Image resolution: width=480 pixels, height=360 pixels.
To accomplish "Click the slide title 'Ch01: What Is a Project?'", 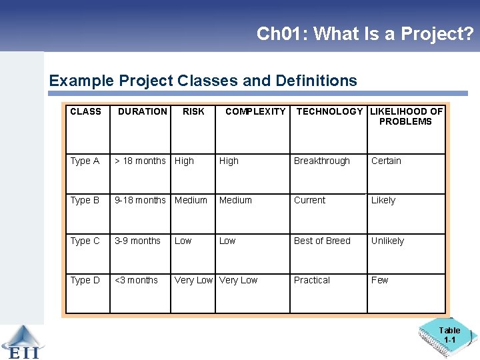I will point(365,34).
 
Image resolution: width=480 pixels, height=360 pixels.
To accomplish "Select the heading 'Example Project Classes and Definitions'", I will point(203,81).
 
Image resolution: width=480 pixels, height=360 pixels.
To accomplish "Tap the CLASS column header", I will point(86,112).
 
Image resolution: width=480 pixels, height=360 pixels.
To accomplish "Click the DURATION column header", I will point(142,112).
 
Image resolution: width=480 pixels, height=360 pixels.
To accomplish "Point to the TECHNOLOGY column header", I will point(329,112).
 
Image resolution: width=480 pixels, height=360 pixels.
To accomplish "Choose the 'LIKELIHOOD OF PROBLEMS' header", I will point(405,117).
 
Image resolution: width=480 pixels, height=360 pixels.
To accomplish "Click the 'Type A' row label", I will point(85,161).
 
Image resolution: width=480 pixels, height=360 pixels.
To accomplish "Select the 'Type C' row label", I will point(85,241).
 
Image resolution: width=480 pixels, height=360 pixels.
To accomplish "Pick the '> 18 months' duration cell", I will point(140,161).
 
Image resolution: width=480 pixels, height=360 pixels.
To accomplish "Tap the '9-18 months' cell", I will point(140,200).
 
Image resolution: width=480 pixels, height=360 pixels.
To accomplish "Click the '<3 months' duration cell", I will point(136,280).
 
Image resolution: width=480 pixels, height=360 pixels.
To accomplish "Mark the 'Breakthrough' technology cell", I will point(322,161).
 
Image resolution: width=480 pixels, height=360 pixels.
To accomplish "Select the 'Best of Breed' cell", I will point(322,241).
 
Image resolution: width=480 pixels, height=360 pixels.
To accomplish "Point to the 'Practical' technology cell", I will point(312,280).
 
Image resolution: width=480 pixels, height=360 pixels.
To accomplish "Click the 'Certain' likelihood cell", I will point(386,161).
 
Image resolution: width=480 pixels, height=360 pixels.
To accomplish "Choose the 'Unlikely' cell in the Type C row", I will point(387,241).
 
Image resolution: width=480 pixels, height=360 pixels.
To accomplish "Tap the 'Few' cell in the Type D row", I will point(379,280).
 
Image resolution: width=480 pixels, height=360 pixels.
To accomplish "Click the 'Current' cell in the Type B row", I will point(310,200).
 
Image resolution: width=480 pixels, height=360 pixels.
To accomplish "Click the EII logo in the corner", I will point(21,342).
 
